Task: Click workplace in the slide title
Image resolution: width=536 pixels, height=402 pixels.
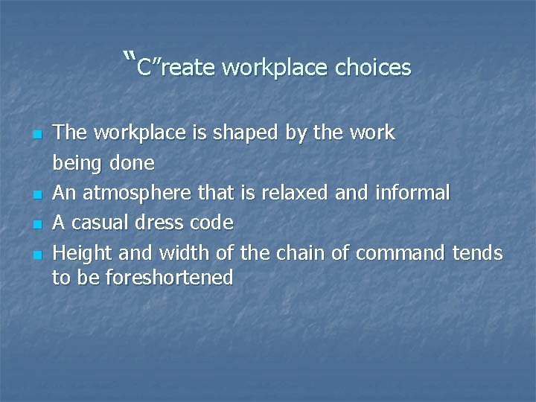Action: pos(275,68)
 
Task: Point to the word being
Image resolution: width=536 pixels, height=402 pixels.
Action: pos(77,163)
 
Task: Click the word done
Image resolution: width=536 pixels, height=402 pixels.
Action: pos(132,163)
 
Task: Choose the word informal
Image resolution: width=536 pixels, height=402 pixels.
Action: pos(413,194)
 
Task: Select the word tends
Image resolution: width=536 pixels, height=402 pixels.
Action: pos(478,254)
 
